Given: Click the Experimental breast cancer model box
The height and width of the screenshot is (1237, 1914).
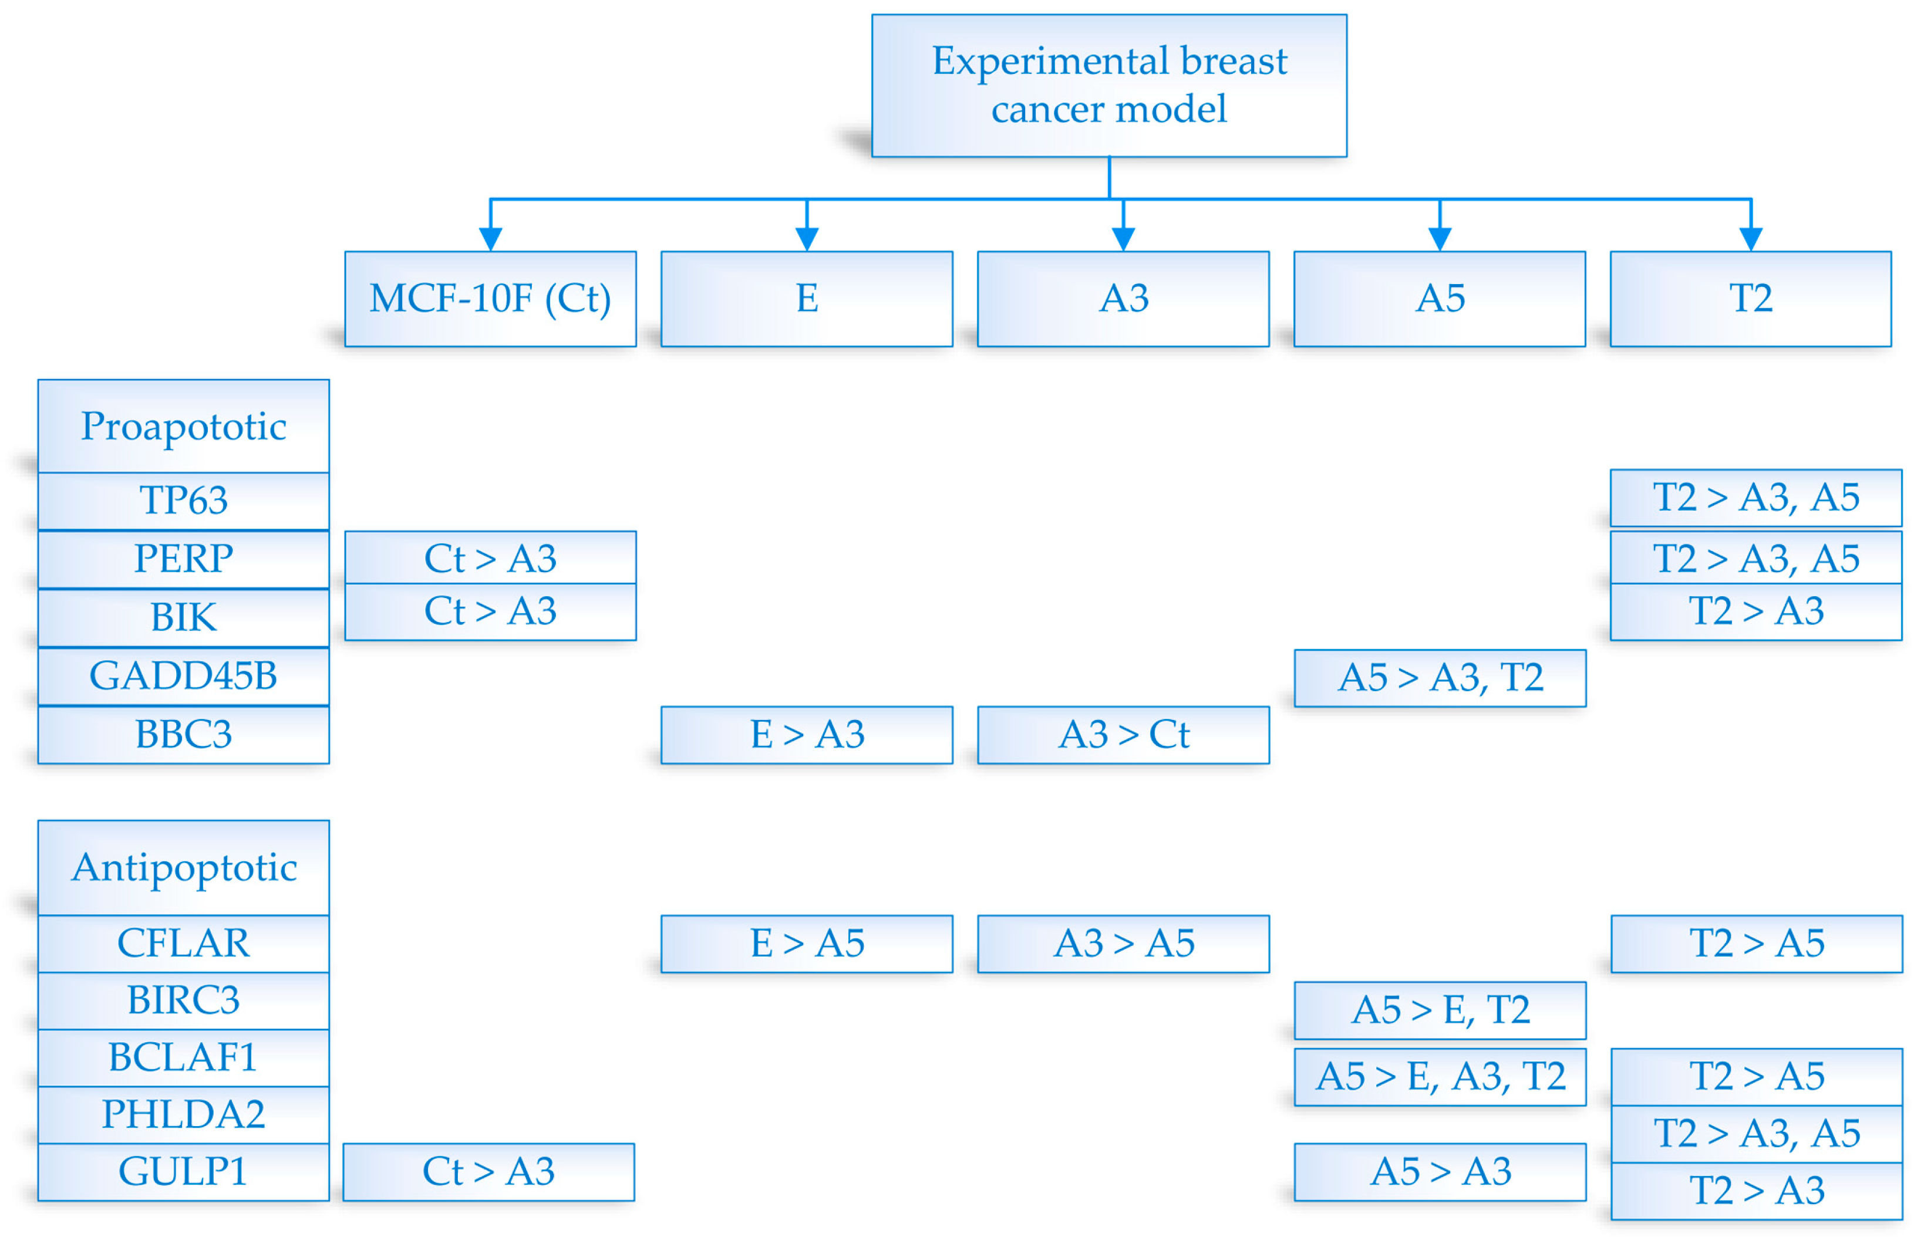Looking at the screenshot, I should (x=1109, y=85).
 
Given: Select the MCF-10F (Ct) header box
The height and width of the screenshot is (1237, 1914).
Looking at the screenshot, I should (x=490, y=299).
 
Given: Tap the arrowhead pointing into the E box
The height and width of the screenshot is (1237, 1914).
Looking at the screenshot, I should (x=807, y=239).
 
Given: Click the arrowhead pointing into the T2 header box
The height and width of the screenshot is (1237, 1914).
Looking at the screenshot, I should (x=1751, y=239).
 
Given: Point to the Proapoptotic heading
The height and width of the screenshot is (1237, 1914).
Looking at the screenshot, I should (x=183, y=425).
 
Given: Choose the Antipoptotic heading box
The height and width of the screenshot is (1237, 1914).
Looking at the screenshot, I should (x=183, y=867).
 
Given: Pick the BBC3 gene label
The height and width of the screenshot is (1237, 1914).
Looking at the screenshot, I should (x=183, y=735).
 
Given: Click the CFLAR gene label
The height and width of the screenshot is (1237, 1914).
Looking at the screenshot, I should (x=183, y=944).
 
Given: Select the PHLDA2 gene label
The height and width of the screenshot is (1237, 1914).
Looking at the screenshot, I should (x=183, y=1115).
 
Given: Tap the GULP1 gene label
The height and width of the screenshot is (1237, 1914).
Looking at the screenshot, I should (x=183, y=1172).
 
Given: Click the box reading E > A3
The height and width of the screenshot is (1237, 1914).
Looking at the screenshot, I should (x=807, y=735).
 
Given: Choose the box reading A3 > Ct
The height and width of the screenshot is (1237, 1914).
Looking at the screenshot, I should (x=1123, y=735).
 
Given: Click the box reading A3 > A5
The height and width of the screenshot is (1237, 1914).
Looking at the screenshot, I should (x=1123, y=944).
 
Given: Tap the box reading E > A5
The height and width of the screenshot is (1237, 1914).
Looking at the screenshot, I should (x=807, y=944).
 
